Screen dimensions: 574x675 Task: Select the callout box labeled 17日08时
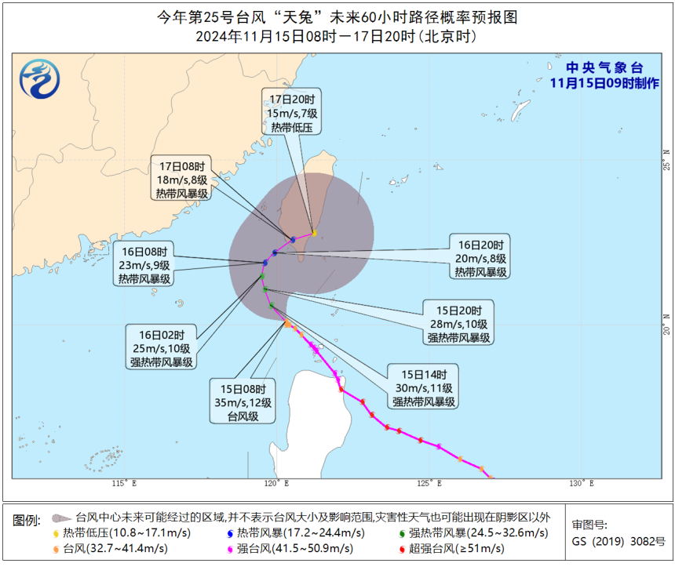pyautogui.click(x=182, y=180)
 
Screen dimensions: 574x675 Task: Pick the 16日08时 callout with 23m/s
pyautogui.click(x=144, y=265)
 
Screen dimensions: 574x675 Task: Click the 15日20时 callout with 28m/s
pyautogui.click(x=458, y=322)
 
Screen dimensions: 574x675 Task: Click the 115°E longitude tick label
pyautogui.click(x=124, y=483)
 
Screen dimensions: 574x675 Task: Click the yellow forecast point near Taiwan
pyautogui.click(x=314, y=233)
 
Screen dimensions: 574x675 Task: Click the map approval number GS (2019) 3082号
pyautogui.click(x=618, y=541)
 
